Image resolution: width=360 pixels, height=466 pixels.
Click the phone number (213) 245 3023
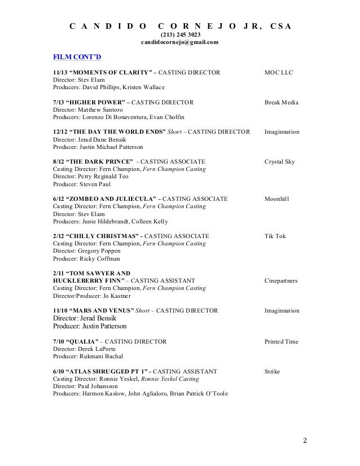coord(180,35)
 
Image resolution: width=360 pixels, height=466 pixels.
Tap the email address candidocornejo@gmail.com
coord(180,43)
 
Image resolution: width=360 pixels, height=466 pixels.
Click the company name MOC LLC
coord(279,73)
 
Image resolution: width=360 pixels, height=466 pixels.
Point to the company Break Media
coord(282,103)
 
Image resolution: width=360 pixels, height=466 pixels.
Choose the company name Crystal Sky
coord(279,161)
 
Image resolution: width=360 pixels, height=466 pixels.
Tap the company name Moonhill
coord(278,199)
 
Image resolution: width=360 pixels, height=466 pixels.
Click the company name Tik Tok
coord(275,235)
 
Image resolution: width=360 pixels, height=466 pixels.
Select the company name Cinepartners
coord(282,280)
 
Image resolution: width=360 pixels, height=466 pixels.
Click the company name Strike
coord(273,371)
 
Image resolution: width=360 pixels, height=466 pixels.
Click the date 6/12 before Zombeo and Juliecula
coord(59,199)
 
